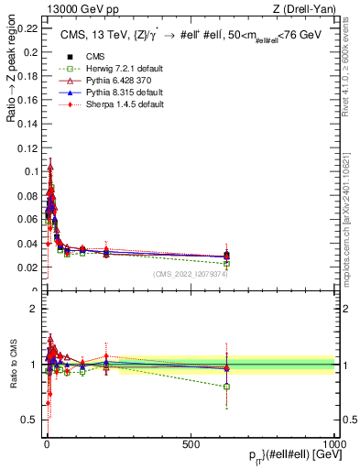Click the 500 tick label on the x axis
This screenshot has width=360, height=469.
pyautogui.click(x=191, y=443)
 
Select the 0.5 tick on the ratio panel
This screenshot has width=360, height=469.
pyautogui.click(x=33, y=420)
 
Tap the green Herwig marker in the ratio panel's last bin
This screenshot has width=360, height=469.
pyautogui.click(x=226, y=387)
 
